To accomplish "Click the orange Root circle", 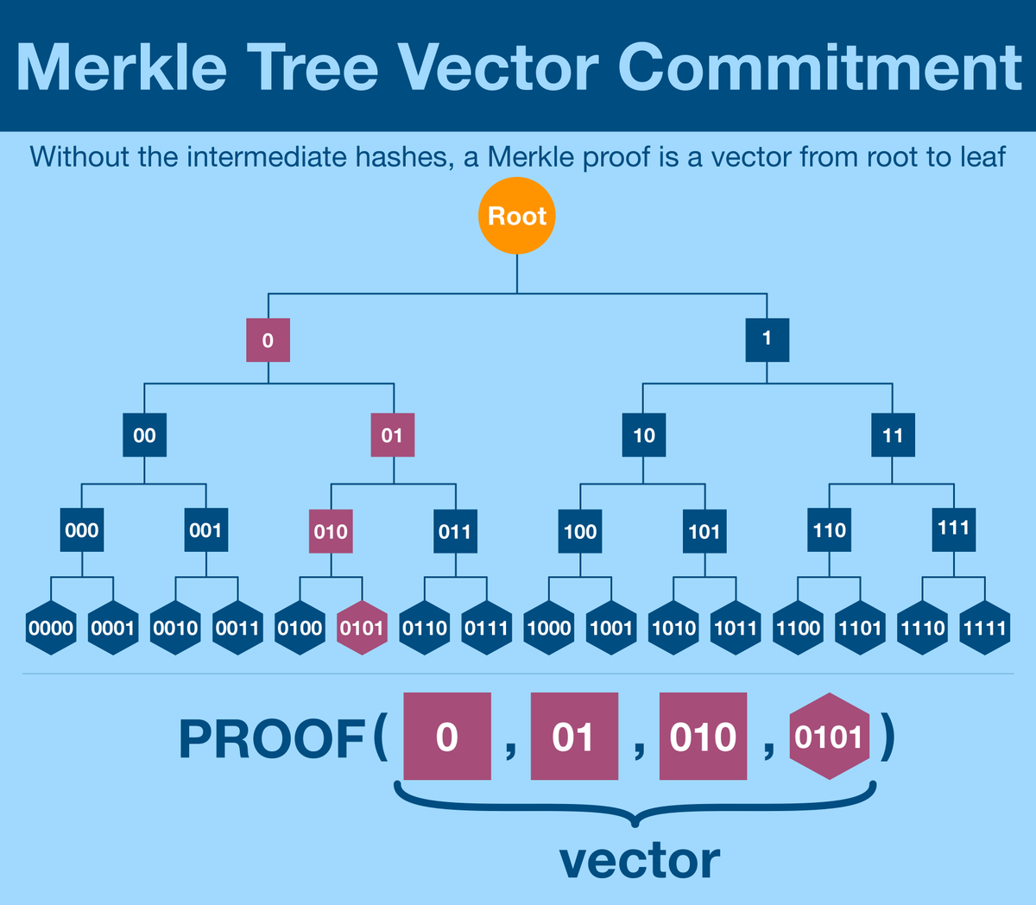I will (x=516, y=216).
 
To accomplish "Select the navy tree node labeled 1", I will (x=767, y=339).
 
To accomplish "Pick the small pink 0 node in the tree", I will (x=268, y=340).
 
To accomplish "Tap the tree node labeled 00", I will (x=144, y=435).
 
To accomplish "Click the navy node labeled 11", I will (x=892, y=435).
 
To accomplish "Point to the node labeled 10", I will (x=644, y=435).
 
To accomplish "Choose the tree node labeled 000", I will (x=82, y=530).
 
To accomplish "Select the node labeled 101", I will (x=704, y=531).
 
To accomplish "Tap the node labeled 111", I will (x=954, y=529).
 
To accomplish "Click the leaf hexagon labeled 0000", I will (x=51, y=628).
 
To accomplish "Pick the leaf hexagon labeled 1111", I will (x=985, y=628).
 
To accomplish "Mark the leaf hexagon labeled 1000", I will (x=549, y=628).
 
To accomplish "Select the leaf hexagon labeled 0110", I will (x=425, y=628).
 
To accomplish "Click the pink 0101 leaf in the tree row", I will (x=362, y=628).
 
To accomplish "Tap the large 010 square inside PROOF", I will (x=703, y=737).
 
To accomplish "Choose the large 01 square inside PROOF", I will (x=574, y=737).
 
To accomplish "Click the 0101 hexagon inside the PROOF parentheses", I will (x=829, y=737).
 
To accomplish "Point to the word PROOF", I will (x=272, y=739).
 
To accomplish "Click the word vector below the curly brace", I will (x=639, y=861).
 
